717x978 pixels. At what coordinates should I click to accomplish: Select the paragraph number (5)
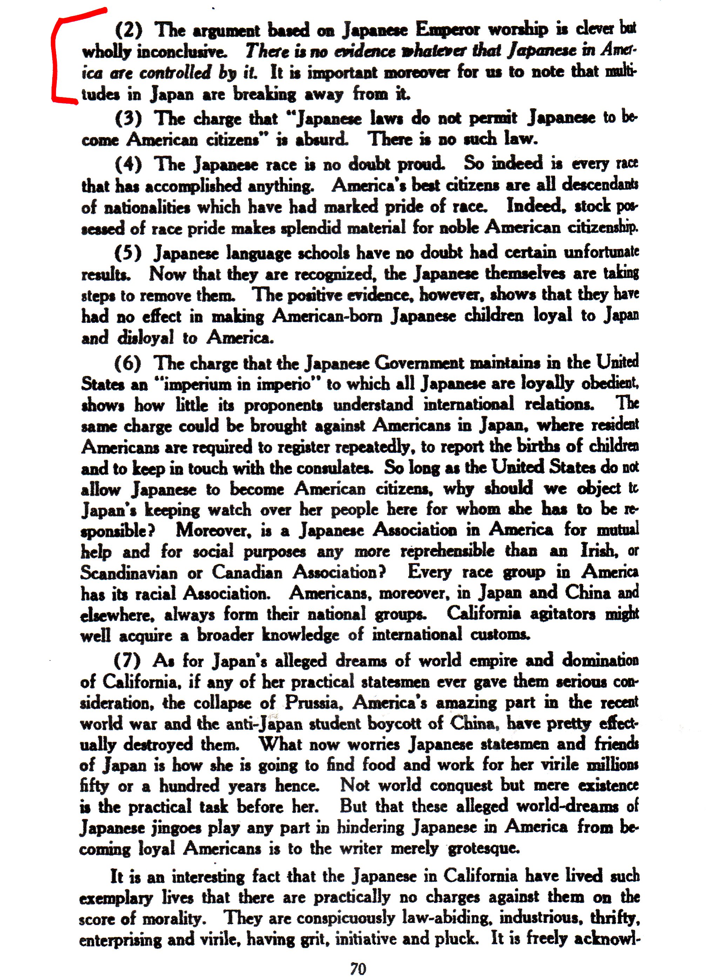[128, 253]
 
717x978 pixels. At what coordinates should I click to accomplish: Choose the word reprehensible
[447, 551]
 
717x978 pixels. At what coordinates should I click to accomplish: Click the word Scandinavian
[129, 573]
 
